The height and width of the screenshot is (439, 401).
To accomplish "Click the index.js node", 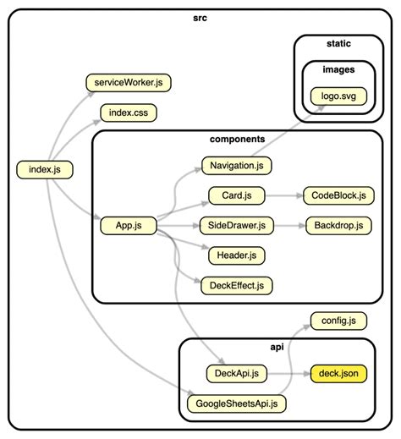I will [45, 170].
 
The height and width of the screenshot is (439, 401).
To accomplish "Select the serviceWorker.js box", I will [129, 83].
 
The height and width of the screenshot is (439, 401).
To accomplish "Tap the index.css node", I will [129, 112].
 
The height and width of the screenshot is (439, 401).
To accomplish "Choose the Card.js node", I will [236, 196].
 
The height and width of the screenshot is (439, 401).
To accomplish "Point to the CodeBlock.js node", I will [338, 196].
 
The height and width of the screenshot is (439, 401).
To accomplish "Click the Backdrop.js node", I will [338, 226].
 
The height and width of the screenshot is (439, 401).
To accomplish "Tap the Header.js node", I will [236, 255].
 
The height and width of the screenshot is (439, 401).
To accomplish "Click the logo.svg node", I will [338, 96].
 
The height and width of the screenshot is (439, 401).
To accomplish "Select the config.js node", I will [338, 321].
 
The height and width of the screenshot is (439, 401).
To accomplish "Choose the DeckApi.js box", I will [236, 372].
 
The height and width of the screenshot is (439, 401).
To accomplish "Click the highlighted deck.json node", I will [338, 372].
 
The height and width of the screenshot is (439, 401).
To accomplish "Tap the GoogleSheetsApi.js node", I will [236, 403].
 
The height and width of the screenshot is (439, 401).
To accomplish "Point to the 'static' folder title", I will [338, 42].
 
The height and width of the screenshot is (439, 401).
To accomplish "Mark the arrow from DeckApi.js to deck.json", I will [288, 372].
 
